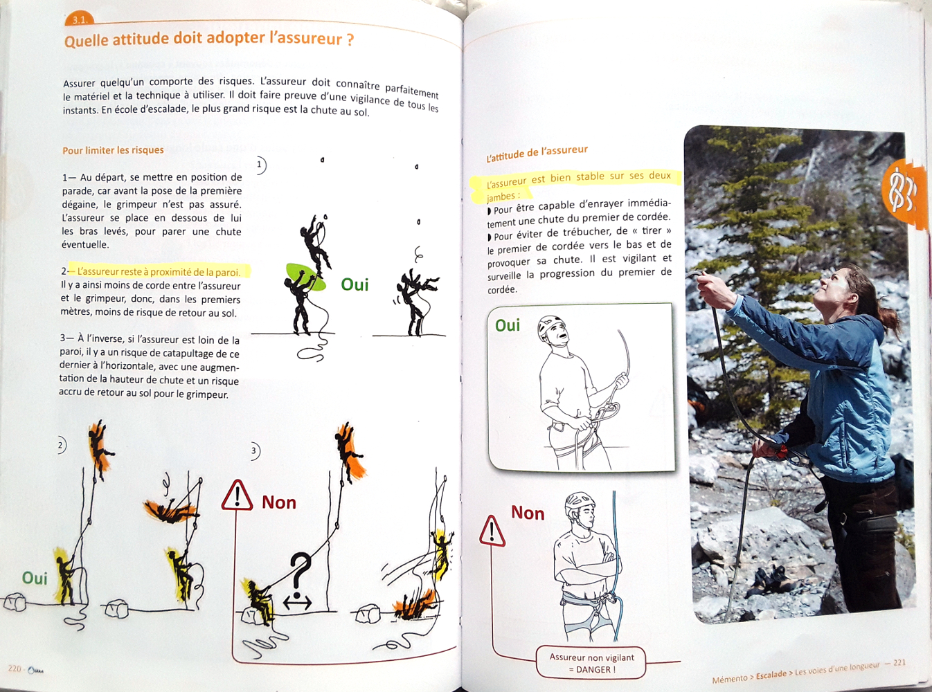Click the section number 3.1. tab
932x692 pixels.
pyautogui.click(x=79, y=20)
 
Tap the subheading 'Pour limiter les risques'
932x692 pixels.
pyautogui.click(x=113, y=150)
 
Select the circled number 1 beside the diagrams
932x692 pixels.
pyautogui.click(x=260, y=165)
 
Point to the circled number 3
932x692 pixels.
pyautogui.click(x=254, y=451)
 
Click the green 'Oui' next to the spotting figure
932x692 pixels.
pyautogui.click(x=355, y=284)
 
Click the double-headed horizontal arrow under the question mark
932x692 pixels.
pyautogui.click(x=298, y=603)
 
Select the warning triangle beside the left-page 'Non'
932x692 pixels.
pyautogui.click(x=237, y=495)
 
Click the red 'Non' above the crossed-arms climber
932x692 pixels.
pyautogui.click(x=528, y=513)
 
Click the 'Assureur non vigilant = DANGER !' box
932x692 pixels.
pyautogui.click(x=591, y=664)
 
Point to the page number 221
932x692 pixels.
pyautogui.click(x=899, y=662)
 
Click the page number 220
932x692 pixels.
pyautogui.click(x=15, y=668)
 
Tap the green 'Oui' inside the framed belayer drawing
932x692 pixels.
pyautogui.click(x=508, y=325)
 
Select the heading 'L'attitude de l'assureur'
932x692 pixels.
pyautogui.click(x=537, y=154)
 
